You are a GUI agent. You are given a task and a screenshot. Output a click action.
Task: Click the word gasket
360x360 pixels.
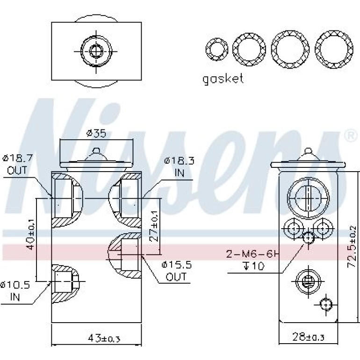coord(223,79)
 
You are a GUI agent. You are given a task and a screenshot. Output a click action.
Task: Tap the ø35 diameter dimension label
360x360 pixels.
coord(96,133)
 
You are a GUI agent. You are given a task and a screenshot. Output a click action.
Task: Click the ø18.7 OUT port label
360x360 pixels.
coord(18,164)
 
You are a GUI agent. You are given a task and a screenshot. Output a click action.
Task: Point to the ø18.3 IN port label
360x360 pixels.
coord(180,167)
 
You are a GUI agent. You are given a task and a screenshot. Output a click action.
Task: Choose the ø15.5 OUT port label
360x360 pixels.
coord(176,271)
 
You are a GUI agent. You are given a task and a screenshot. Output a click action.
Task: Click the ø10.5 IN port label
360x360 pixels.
coord(15,291)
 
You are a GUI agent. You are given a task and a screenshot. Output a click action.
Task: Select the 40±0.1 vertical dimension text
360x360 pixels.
coord(30,234)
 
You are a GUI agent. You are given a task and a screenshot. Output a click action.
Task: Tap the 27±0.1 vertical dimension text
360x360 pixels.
coord(154,226)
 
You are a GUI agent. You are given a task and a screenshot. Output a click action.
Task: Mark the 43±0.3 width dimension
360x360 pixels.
coord(104,338)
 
